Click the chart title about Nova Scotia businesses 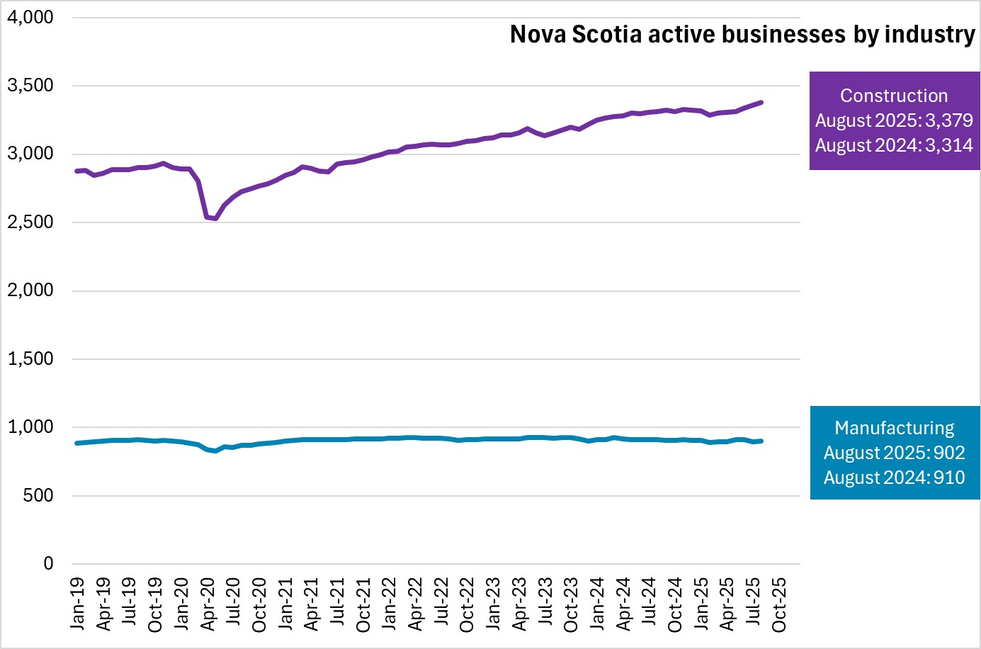click(742, 34)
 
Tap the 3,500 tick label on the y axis click(30, 86)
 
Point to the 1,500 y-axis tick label click(30, 359)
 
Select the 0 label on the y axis click(48, 564)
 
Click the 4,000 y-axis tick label click(30, 17)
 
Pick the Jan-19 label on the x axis click(77, 604)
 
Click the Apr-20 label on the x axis click(208, 604)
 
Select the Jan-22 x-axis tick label click(390, 604)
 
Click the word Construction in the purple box click(894, 96)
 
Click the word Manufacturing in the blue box click(894, 428)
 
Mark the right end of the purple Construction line click(761, 103)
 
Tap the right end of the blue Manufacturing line click(761, 441)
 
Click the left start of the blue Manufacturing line click(76, 443)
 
